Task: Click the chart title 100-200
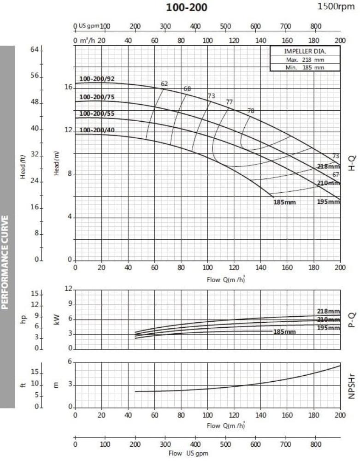click(186, 7)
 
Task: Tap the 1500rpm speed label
click(336, 6)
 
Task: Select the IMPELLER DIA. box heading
click(305, 52)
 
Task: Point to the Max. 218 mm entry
click(305, 60)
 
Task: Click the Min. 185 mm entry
click(305, 67)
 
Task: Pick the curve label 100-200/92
click(97, 79)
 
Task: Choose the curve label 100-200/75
click(97, 97)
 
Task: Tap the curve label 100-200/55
click(97, 113)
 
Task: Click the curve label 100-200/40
click(97, 130)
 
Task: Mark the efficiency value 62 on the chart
click(165, 84)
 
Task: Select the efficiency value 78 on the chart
click(251, 111)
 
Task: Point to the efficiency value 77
click(230, 102)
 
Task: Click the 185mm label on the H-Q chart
click(284, 202)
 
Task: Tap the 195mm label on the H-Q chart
click(328, 202)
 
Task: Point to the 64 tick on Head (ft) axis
click(34, 49)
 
